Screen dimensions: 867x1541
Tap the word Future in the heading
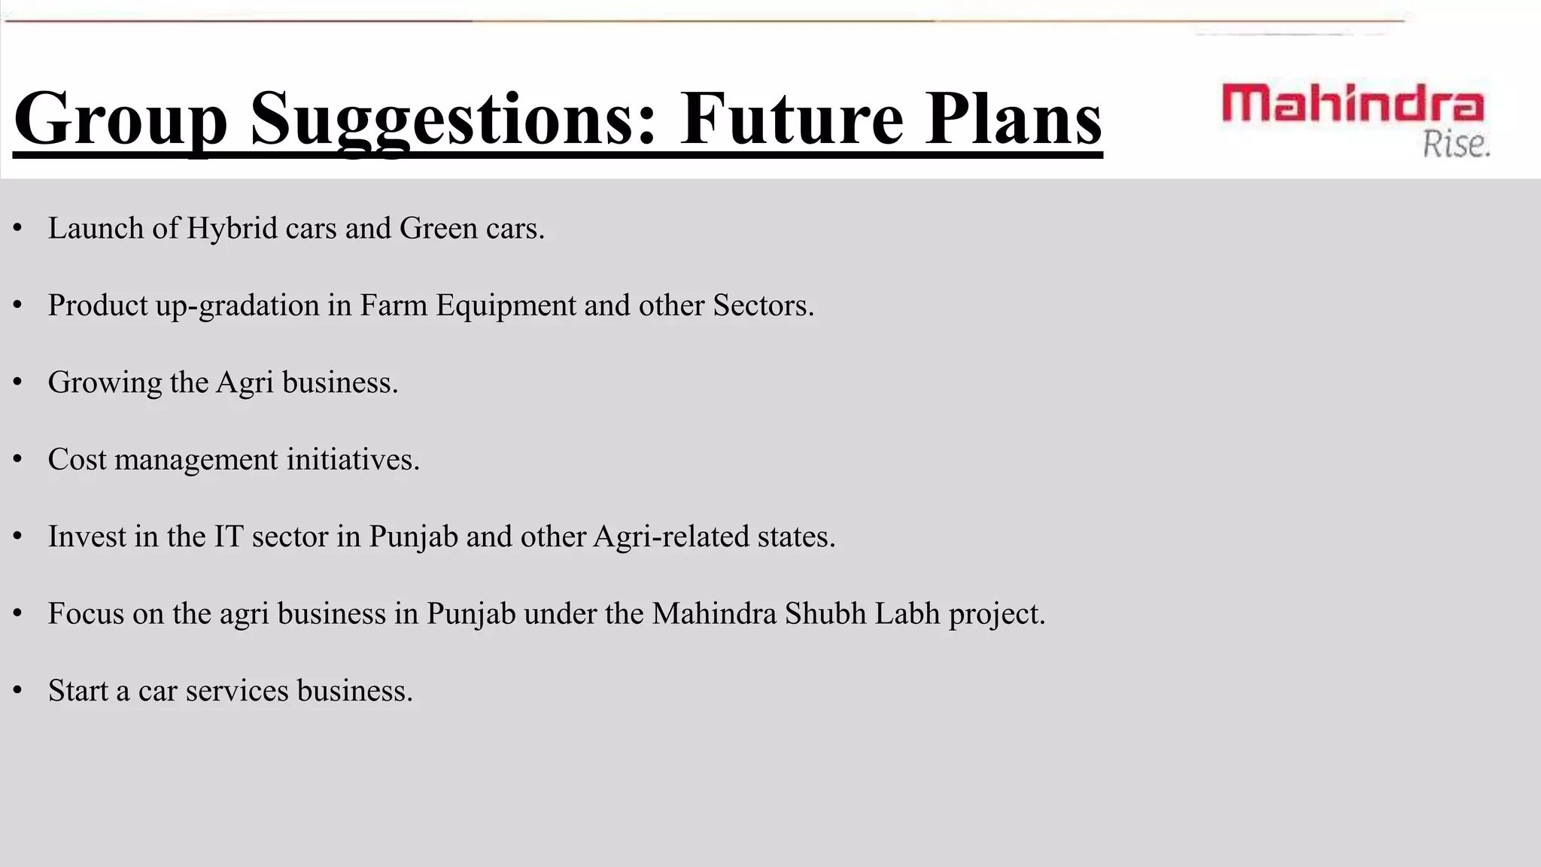point(791,119)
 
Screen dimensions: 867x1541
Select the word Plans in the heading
point(1014,119)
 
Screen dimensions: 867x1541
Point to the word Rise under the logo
point(1455,144)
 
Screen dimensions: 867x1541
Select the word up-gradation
point(238,306)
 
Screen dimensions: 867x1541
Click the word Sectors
point(762,306)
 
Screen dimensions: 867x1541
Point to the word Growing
point(105,383)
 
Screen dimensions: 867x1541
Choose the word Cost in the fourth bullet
point(78,460)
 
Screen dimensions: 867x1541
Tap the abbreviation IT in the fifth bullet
point(229,537)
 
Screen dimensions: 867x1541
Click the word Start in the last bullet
point(78,691)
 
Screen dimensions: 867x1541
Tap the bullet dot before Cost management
point(18,460)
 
